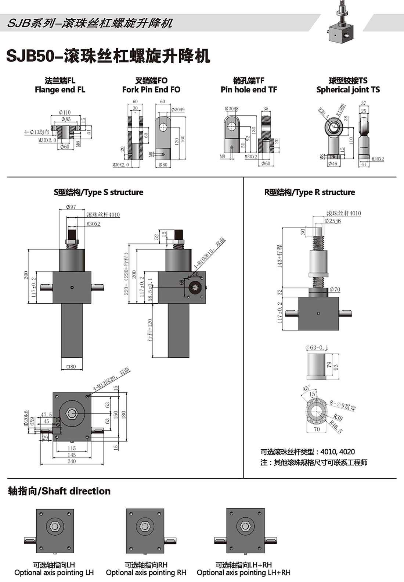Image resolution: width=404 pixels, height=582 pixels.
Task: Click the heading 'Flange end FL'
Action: tap(60, 90)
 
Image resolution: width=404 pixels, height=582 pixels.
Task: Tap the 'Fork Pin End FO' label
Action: tap(151, 90)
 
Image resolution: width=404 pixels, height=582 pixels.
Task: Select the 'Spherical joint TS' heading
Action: tap(348, 90)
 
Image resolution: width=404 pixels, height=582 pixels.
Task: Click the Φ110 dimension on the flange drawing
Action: tap(65, 113)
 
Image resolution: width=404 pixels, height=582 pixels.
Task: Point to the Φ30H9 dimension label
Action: tap(178, 110)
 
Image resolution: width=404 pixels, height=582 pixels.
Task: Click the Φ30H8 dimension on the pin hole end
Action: tap(231, 109)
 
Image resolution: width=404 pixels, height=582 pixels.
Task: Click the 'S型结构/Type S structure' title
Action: tap(98, 192)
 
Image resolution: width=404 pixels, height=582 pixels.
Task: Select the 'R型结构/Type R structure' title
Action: tap(310, 192)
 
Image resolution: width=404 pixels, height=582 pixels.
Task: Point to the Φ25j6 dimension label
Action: tap(333, 221)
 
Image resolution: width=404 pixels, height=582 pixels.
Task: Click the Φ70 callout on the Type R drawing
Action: tap(335, 290)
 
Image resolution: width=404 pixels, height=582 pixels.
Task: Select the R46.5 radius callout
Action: tap(336, 427)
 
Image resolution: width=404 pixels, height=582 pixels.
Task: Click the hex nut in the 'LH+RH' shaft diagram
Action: tap(245, 526)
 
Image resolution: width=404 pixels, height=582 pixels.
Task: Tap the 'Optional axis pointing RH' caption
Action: tap(146, 573)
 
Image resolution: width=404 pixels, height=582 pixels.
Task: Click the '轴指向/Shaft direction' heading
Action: tap(59, 491)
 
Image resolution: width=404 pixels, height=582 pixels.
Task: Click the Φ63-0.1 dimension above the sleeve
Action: tap(317, 347)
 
